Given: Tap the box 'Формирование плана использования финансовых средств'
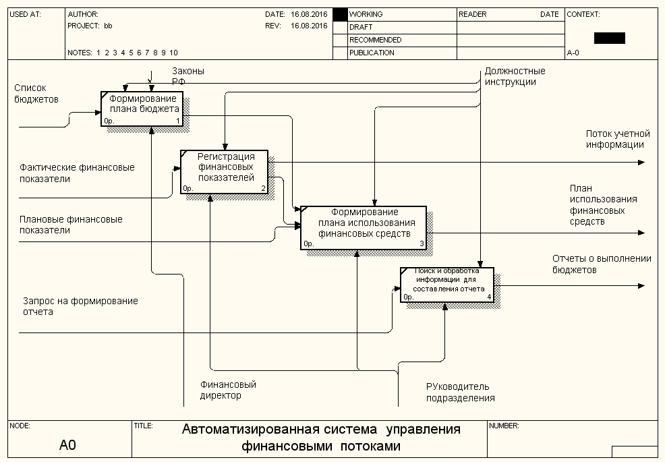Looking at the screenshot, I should pos(364,227).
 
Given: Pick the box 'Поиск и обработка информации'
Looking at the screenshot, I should pos(446,285).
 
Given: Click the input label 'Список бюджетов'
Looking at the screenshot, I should pos(36,93).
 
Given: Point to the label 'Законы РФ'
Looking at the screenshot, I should pos(187,76).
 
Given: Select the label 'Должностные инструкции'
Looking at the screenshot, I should pos(515,76).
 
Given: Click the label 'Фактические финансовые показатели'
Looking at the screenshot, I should pos(77,173).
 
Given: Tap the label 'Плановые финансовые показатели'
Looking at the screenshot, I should pos(71,225).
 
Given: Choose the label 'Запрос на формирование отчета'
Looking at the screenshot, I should pos(80,306).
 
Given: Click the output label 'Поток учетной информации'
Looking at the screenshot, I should pos(617,139).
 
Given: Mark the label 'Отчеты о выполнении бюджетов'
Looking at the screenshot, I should pos(602,264).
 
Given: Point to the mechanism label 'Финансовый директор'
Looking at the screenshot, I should pos(228,390).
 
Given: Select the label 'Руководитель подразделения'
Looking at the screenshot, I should pos(460,392).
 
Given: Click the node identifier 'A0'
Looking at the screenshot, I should pos(67,445).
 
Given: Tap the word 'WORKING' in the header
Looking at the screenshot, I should pos(366,14).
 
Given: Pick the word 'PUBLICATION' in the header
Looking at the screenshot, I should pos(372,53).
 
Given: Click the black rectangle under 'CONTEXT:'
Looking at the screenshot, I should pos(609,38).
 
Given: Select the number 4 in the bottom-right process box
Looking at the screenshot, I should pos(490,297).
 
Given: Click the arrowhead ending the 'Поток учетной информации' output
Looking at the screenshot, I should pos(641,162).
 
